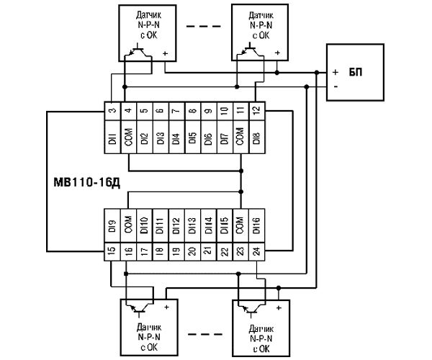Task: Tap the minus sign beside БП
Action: [x=335, y=87]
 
